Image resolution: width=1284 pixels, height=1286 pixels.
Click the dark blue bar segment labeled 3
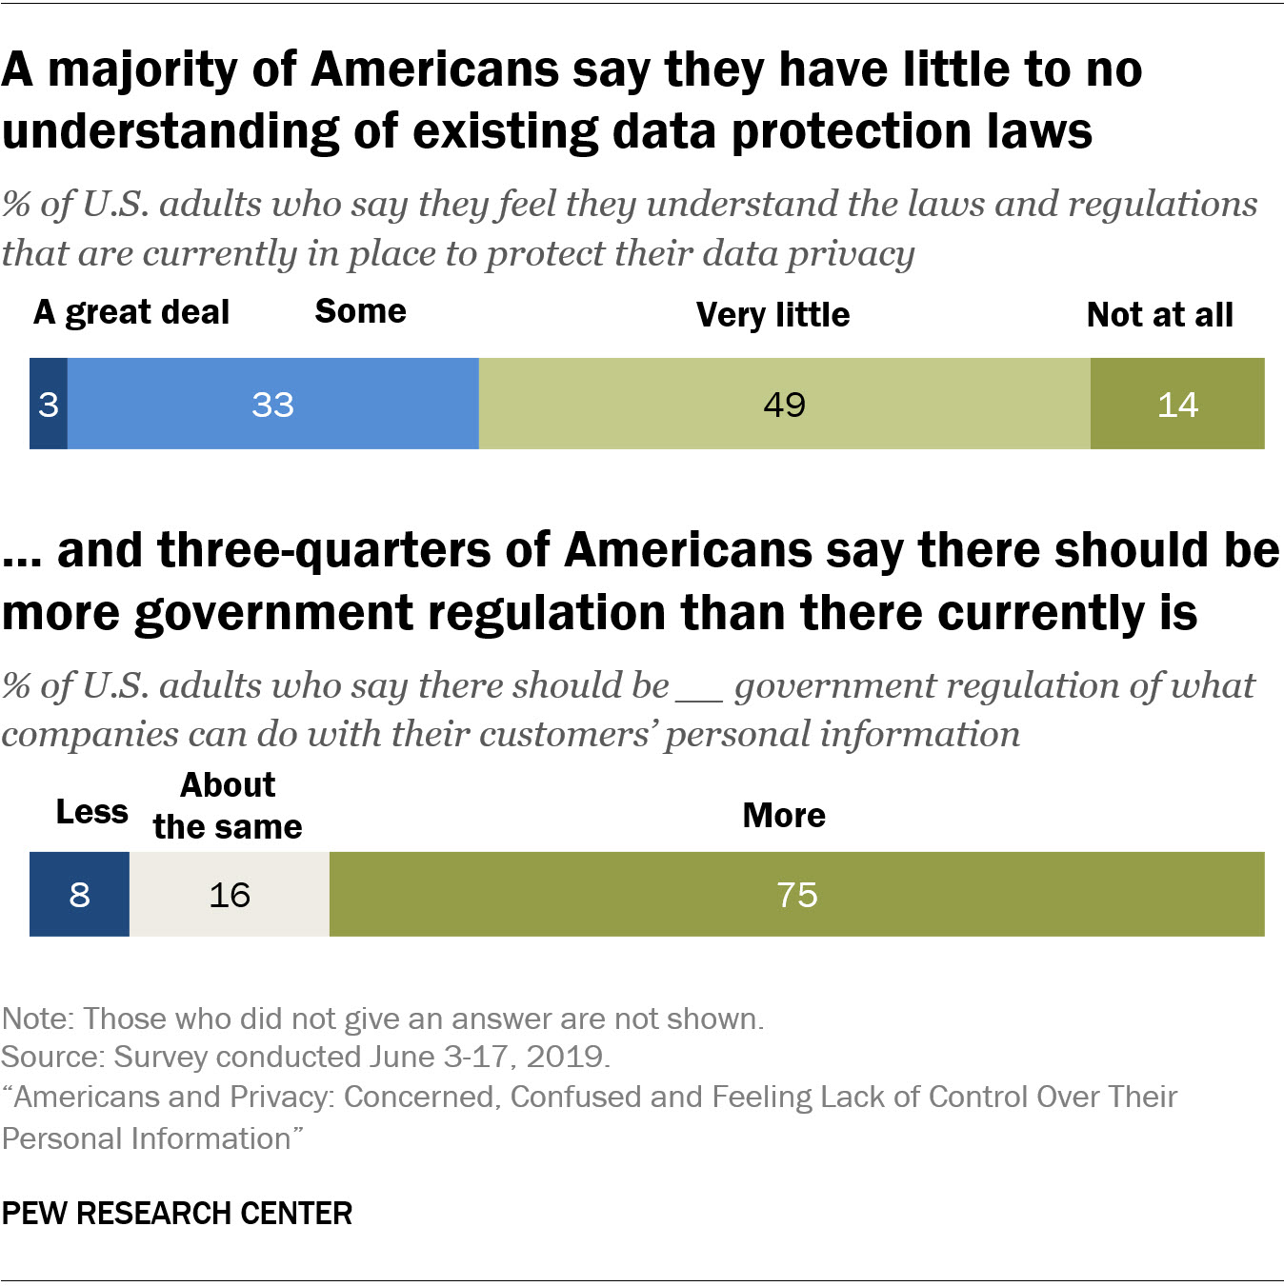pos(49,404)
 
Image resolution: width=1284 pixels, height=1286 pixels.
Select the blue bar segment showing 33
pos(272,404)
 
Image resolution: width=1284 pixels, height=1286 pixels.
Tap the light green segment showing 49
pos(784,404)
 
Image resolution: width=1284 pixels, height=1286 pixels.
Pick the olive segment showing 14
pos(1177,404)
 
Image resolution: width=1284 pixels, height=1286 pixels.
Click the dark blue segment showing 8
pos(79,894)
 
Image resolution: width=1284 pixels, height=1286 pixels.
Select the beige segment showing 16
pos(230,894)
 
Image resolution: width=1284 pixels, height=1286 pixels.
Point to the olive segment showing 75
pos(796,894)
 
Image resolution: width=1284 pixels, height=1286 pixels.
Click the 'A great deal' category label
pos(131,312)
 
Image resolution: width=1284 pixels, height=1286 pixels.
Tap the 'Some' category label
pos(360,311)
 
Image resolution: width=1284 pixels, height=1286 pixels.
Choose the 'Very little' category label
pos(772,314)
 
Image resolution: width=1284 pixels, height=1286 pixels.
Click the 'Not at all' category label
pos(1159,314)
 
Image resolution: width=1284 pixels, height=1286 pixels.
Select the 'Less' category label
pos(91,812)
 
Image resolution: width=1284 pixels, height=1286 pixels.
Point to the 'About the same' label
pos(228,806)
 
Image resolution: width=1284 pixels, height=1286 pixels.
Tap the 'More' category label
pos(784,815)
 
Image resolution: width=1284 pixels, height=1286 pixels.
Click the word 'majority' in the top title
pos(171,70)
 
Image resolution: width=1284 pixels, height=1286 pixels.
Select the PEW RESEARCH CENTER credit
pos(177,1214)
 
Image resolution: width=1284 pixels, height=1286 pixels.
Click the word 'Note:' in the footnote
pos(38,1019)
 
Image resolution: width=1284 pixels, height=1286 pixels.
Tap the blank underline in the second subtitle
pos(700,695)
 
